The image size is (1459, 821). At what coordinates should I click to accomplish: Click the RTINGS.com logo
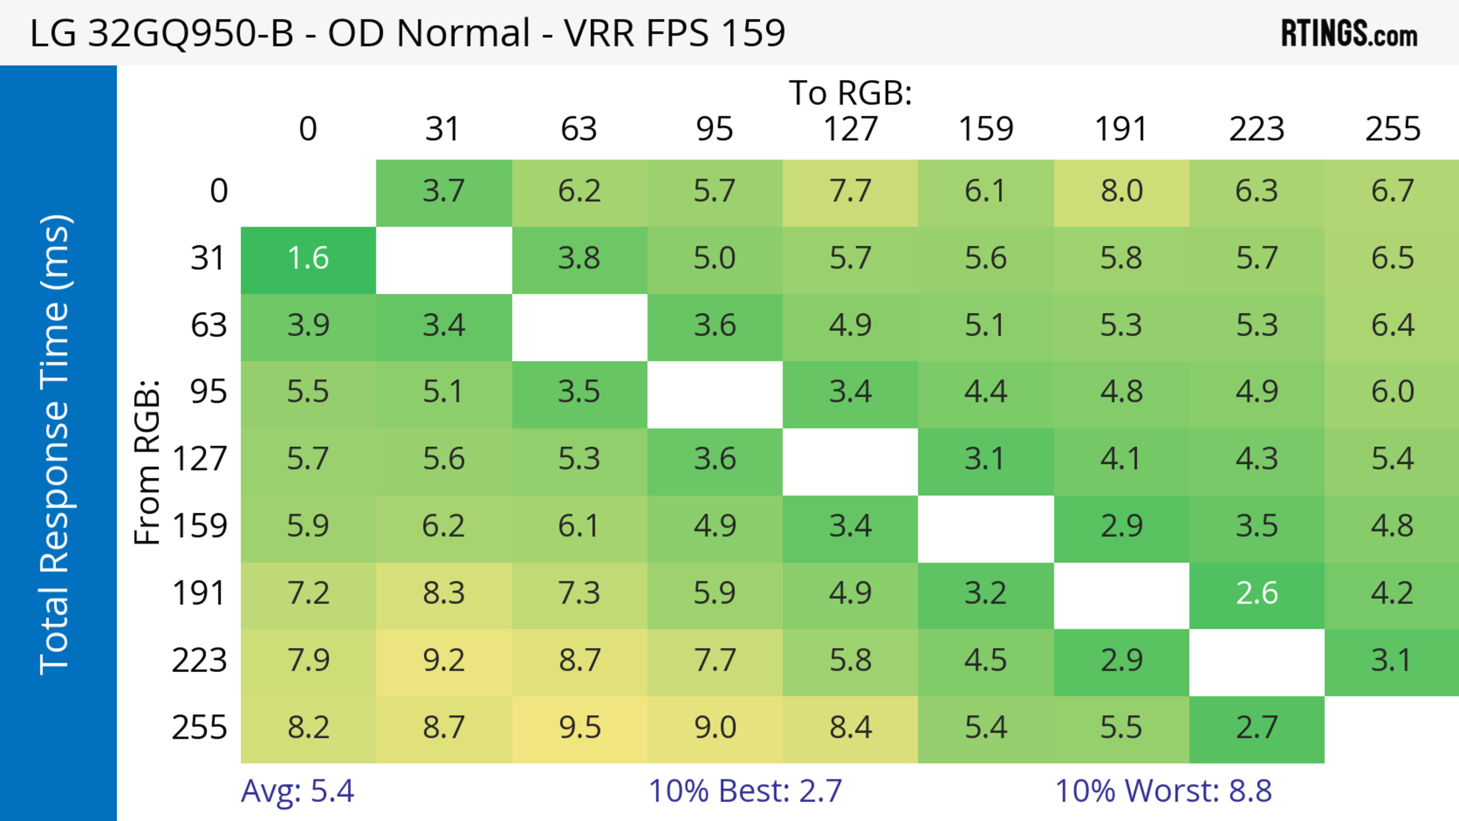coord(1349,33)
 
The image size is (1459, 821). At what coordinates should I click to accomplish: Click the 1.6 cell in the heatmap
coord(308,259)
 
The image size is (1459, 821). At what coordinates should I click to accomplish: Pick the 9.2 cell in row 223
coord(443,661)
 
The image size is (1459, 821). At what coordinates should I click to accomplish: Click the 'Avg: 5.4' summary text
coord(297,791)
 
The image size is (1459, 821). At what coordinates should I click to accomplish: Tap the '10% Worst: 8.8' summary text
coord(1163,791)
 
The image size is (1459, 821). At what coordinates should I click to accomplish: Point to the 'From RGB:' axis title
coord(147,462)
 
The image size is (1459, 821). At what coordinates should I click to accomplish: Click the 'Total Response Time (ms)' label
coord(55,445)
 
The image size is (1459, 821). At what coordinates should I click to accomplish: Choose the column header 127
coord(850,129)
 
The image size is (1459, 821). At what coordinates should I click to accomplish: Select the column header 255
coord(1392,129)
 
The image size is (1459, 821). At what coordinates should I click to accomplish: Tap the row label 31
coord(209,259)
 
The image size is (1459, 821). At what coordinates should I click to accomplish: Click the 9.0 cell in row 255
coord(715,728)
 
